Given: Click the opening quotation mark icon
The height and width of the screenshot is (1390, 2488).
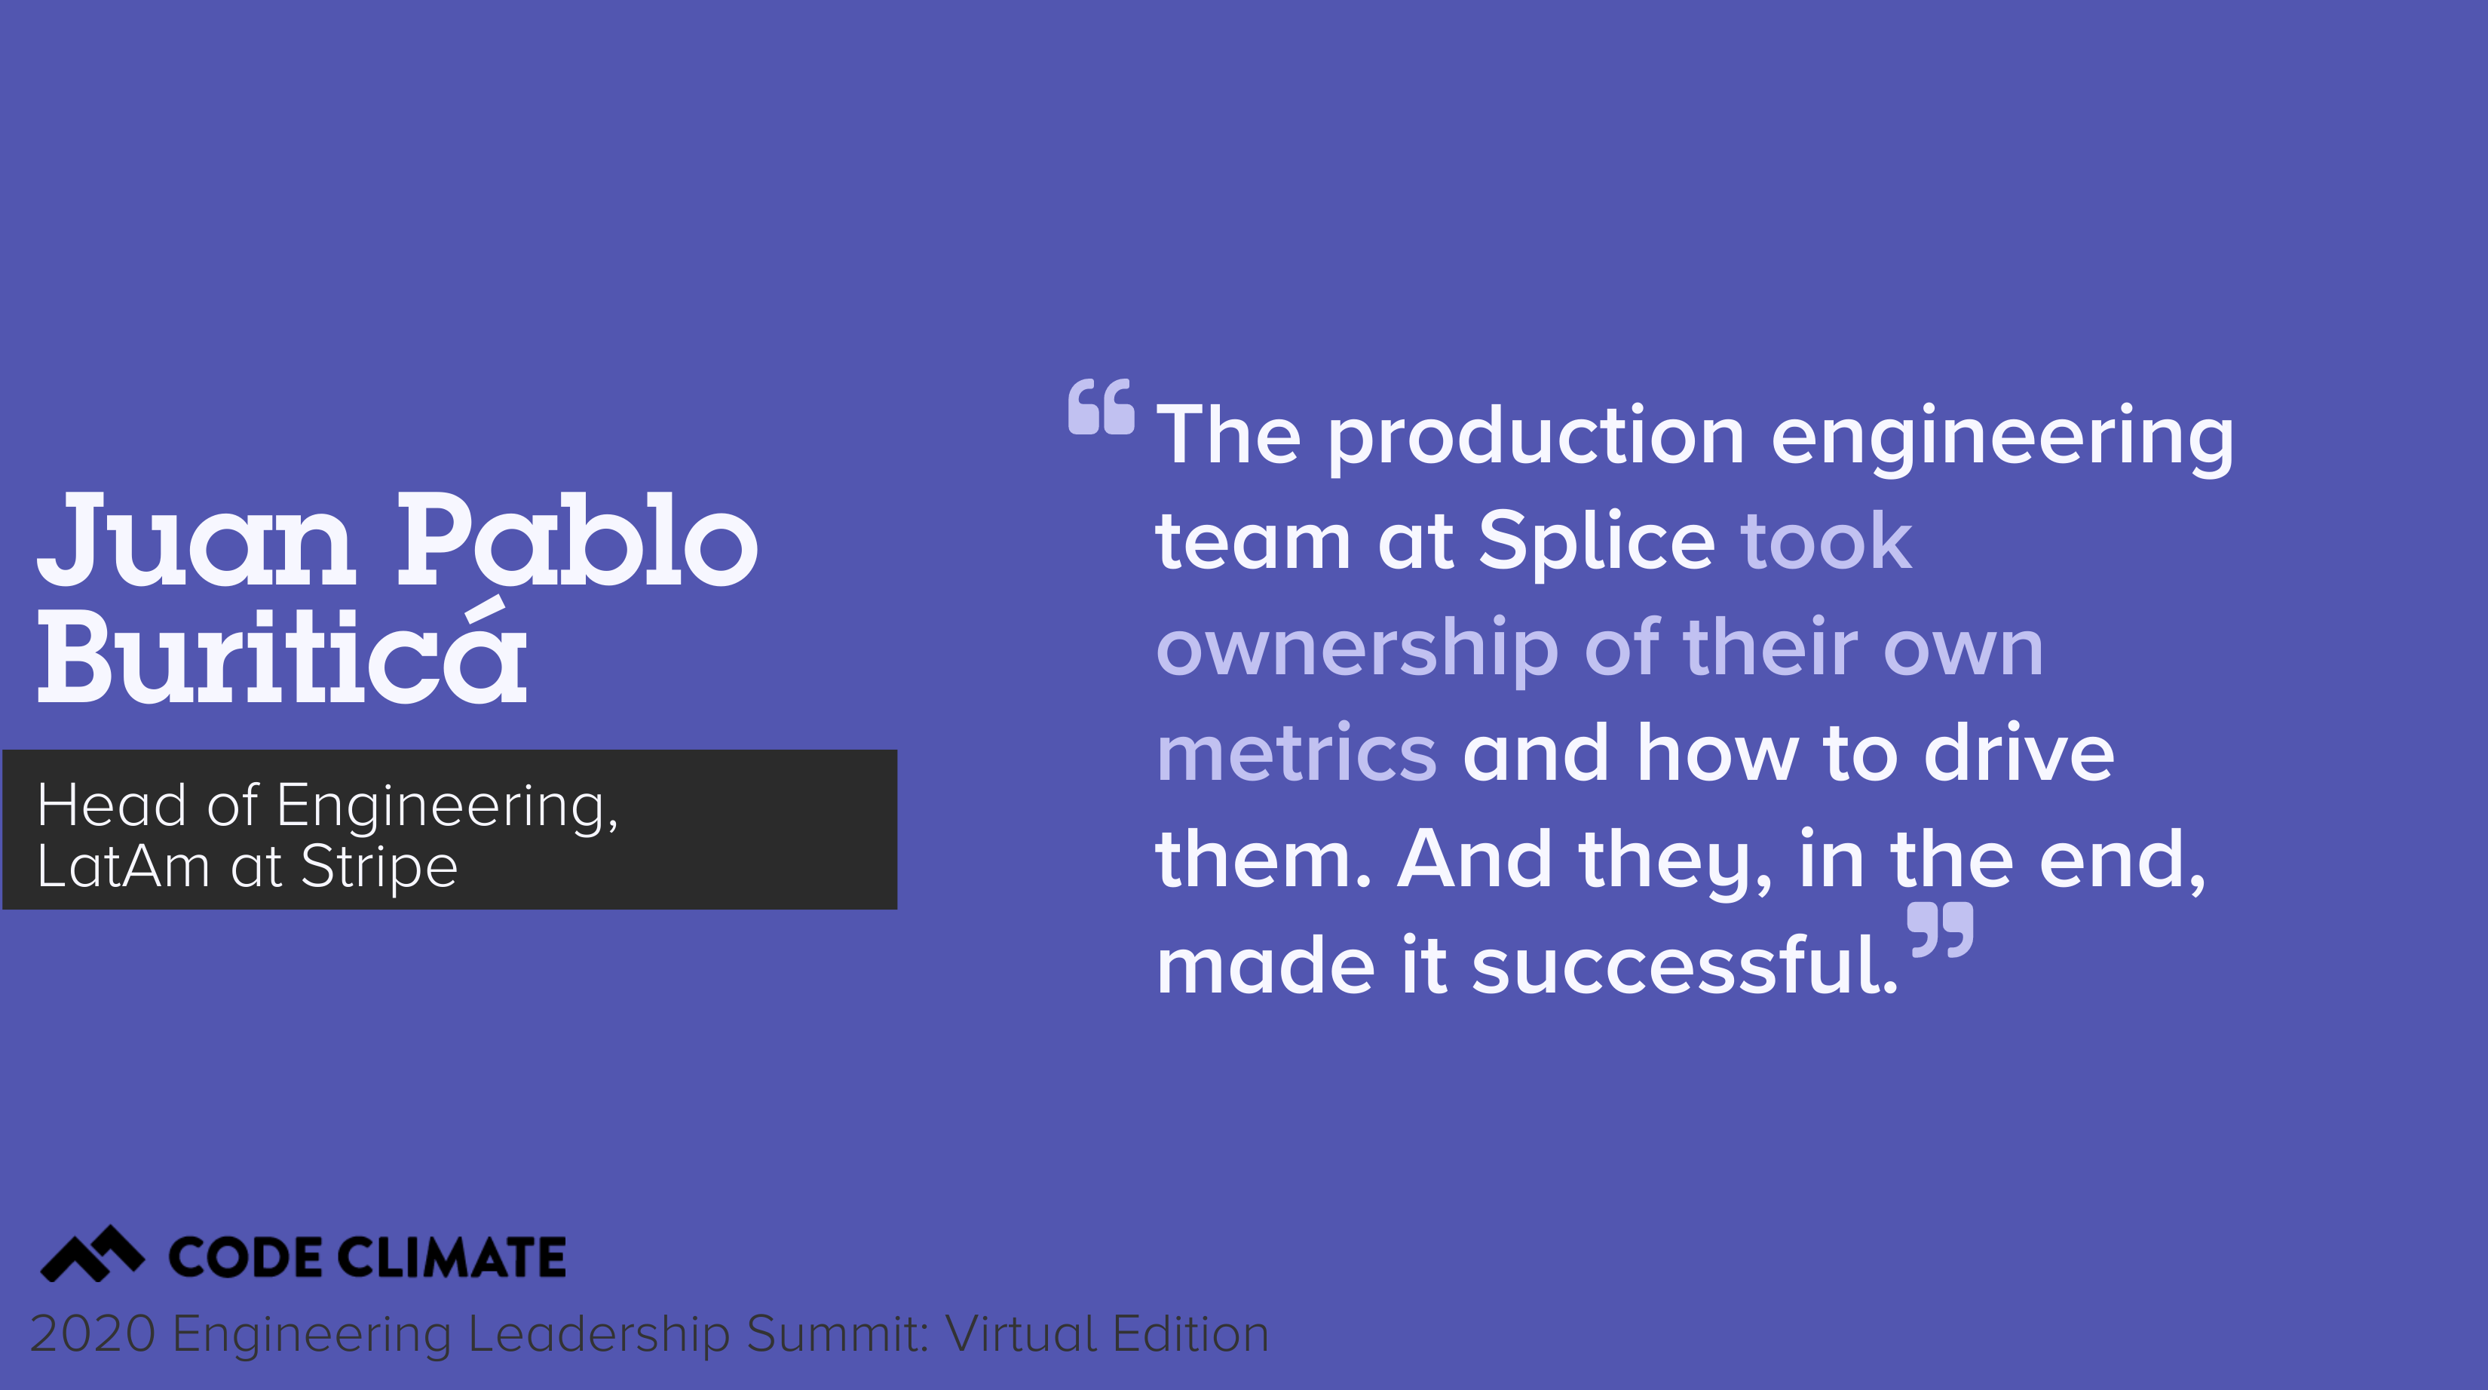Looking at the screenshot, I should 1101,407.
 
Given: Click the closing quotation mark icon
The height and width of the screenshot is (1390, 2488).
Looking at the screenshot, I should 1941,929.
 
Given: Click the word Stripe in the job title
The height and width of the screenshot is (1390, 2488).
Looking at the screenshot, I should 378,867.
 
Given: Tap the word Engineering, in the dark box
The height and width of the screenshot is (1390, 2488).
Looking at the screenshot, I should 447,805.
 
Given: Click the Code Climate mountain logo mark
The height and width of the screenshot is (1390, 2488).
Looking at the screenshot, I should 92,1253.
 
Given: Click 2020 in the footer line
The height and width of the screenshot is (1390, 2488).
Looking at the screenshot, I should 93,1334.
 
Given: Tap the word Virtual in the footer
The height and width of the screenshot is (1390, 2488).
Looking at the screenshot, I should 1021,1334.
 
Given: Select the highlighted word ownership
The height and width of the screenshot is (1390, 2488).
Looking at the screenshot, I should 1357,649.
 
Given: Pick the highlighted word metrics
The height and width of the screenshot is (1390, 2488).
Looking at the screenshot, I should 1296,753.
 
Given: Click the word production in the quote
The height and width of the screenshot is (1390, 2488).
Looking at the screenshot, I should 1536,437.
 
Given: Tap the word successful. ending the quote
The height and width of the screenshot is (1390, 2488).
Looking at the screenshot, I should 1685,966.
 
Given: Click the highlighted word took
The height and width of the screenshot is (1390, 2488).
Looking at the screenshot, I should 1825,542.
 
